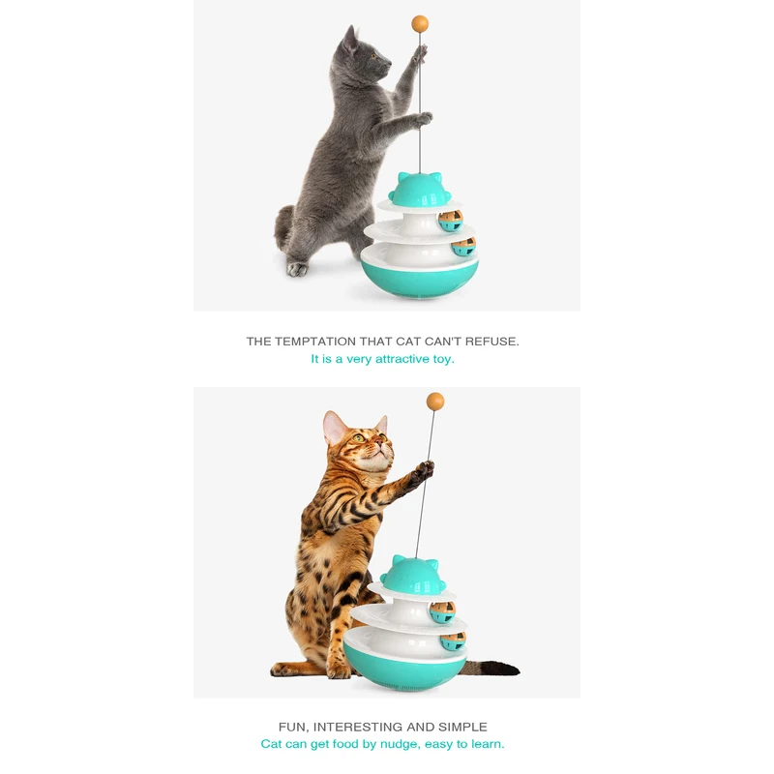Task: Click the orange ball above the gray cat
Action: pyautogui.click(x=420, y=22)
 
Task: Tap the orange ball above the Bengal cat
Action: pyautogui.click(x=435, y=401)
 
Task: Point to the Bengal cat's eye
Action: pyautogui.click(x=359, y=438)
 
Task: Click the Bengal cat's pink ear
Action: pyautogui.click(x=335, y=428)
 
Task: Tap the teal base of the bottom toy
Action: pyautogui.click(x=407, y=669)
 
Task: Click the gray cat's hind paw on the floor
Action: pyautogui.click(x=298, y=269)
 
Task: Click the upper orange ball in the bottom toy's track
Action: pyautogui.click(x=443, y=610)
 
